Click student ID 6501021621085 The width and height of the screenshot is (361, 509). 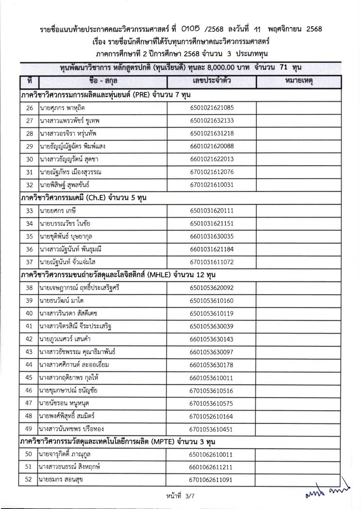pyautogui.click(x=212, y=108)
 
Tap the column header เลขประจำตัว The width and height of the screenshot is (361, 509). pyautogui.click(x=212, y=82)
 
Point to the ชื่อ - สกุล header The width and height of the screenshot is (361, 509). pyautogui.click(x=102, y=82)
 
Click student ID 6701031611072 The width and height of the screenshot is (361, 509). pyautogui.click(x=212, y=262)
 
